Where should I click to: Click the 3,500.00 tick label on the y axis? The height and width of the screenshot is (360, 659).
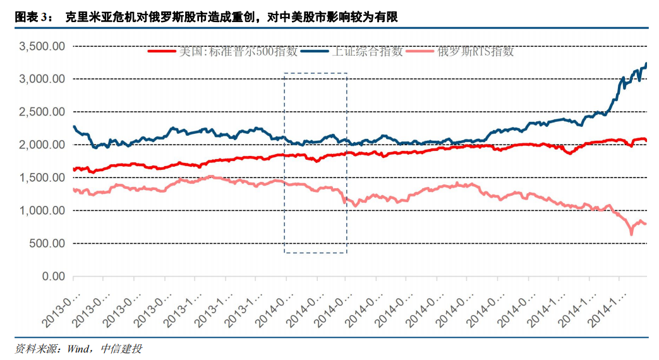tap(42, 46)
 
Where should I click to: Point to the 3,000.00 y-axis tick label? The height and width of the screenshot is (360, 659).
tap(42, 79)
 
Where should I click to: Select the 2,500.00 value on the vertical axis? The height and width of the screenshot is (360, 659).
tap(42, 112)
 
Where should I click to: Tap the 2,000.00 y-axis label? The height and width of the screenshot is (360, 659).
tap(42, 145)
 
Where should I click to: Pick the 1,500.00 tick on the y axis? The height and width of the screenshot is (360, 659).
tap(42, 177)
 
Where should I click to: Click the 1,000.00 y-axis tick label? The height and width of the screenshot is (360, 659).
tap(42, 210)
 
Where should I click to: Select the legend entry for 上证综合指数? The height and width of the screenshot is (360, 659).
tap(366, 52)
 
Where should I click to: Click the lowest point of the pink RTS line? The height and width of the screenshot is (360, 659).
tap(631, 234)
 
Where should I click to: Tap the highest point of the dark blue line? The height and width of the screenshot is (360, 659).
tap(646, 63)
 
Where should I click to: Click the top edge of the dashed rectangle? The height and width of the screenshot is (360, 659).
tap(315, 73)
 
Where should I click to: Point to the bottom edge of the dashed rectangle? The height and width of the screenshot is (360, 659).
tap(315, 253)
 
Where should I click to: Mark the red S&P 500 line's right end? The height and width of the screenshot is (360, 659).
tap(646, 140)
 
